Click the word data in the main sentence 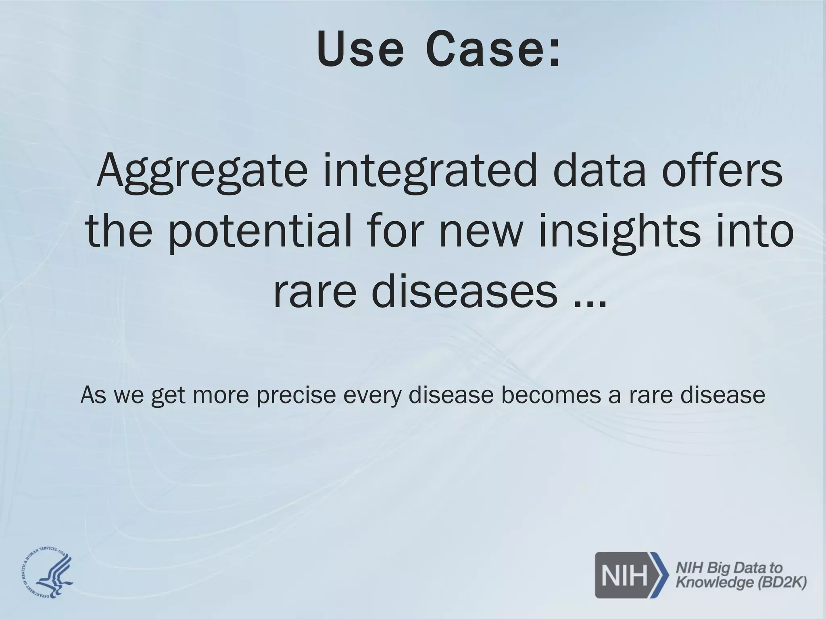[601, 171]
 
